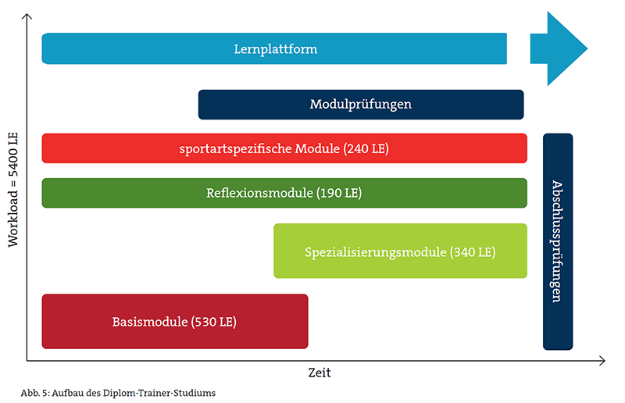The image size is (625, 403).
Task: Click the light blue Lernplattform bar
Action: coord(274,48)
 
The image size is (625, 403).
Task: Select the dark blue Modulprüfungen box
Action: coord(361,105)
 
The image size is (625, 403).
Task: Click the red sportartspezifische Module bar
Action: coord(284,148)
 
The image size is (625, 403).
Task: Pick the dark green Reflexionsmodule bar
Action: coord(284,193)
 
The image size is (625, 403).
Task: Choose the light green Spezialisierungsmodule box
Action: coord(401,251)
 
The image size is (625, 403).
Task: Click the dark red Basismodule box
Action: coord(175,321)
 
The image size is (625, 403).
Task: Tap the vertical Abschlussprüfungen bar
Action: coord(558,241)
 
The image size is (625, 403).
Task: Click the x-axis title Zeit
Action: coord(320,373)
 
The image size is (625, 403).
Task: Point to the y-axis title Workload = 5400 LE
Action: coord(13,190)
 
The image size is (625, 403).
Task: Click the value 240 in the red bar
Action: coord(357,148)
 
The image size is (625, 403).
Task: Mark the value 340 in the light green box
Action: coord(464,252)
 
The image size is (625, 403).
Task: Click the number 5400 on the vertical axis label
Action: coord(13,161)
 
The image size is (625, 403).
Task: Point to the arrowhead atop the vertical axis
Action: coord(27,16)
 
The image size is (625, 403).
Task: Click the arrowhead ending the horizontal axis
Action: coord(602,361)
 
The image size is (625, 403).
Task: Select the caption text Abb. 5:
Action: coord(35,393)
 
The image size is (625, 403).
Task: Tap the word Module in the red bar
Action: coord(317,148)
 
